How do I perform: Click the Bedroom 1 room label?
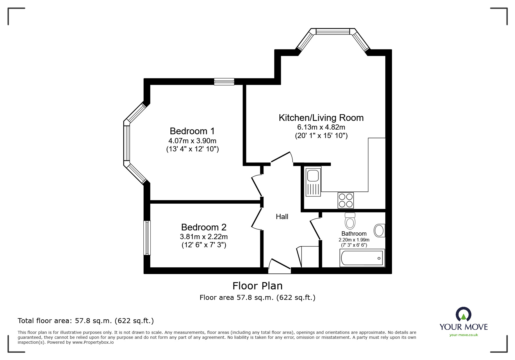tap(192, 131)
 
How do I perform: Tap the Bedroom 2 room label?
tap(204, 227)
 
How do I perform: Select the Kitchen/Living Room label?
tap(321, 118)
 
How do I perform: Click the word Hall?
tap(282, 216)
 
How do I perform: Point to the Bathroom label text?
tap(354, 234)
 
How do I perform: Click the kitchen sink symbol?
tap(313, 181)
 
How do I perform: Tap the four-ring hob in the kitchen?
tap(345, 200)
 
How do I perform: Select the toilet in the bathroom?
tap(350, 221)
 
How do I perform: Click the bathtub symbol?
tap(362, 258)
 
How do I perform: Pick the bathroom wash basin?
tap(379, 230)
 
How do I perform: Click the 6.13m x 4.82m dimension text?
tap(321, 127)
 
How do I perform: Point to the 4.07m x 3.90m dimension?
tap(192, 141)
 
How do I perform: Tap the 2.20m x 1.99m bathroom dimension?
tap(354, 240)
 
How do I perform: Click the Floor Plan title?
tap(257, 286)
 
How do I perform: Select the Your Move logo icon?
tap(463, 315)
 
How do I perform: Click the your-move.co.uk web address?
tap(464, 335)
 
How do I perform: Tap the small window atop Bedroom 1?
tap(224, 82)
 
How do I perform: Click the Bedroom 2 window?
tap(147, 238)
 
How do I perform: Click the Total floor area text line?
tap(86, 321)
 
